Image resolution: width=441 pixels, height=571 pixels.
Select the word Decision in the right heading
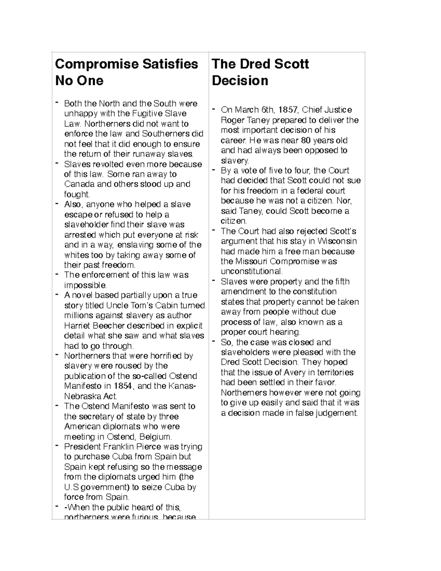(240, 81)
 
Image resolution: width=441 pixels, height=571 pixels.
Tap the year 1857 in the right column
(288, 110)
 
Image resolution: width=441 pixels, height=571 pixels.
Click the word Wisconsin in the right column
(337, 242)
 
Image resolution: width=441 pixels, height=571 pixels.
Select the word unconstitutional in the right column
(252, 272)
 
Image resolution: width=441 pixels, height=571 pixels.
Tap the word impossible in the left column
(85, 285)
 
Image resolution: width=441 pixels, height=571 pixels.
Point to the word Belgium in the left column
(158, 437)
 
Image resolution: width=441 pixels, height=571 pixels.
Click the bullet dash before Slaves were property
(214, 281)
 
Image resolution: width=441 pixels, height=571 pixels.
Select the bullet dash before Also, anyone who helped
(57, 204)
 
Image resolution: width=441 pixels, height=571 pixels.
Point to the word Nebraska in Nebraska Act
(83, 396)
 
